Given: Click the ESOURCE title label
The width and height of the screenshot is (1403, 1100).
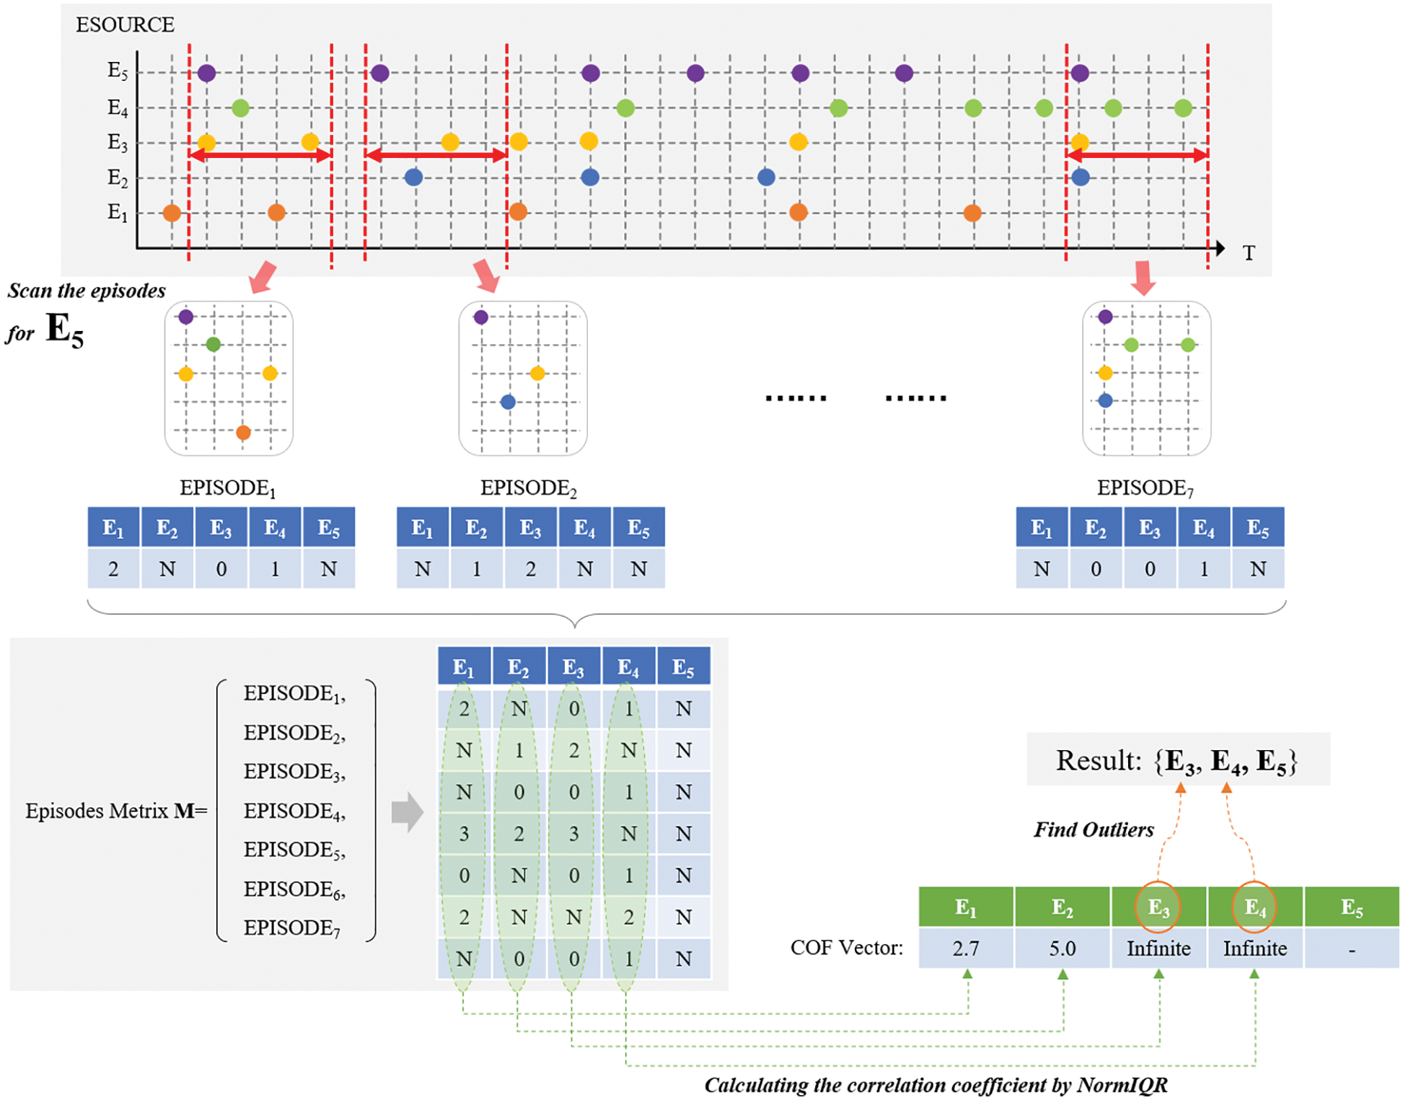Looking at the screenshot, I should (x=125, y=25).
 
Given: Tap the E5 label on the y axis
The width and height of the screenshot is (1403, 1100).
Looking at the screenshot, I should (x=118, y=71).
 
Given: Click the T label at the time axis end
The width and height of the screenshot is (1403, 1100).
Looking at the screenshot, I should (x=1249, y=253).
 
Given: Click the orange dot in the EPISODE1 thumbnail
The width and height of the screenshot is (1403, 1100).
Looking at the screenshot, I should (x=243, y=433).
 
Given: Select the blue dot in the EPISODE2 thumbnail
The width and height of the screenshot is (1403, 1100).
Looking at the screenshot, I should (x=508, y=402).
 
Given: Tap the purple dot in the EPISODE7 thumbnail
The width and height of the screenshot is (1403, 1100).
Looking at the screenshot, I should (x=1105, y=316).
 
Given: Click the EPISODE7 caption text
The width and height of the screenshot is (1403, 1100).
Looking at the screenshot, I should (x=1145, y=488).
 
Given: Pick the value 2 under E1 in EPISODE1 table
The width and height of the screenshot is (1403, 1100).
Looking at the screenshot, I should (x=113, y=569).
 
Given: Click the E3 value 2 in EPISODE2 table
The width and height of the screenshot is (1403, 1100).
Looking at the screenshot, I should (x=530, y=569).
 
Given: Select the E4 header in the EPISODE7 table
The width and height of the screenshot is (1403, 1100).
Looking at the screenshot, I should (x=1203, y=528).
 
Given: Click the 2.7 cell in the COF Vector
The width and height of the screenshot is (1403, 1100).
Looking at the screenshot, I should (x=966, y=948).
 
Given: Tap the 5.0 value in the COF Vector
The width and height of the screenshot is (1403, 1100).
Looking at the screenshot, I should (x=1062, y=948).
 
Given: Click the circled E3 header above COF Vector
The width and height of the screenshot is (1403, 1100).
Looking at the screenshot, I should (x=1158, y=907).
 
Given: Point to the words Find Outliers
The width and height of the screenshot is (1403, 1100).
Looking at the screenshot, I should (x=1094, y=830).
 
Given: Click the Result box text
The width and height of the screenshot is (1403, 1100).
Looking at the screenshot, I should (x=1177, y=760).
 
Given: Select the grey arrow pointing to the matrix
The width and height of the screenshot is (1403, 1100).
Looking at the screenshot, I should (x=407, y=812).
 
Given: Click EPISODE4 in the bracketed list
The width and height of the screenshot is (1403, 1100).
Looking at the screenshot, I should (x=294, y=811).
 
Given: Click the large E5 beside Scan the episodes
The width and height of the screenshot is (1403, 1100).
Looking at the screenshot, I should (x=65, y=330).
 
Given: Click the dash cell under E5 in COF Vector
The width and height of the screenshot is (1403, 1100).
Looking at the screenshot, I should (x=1351, y=949).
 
